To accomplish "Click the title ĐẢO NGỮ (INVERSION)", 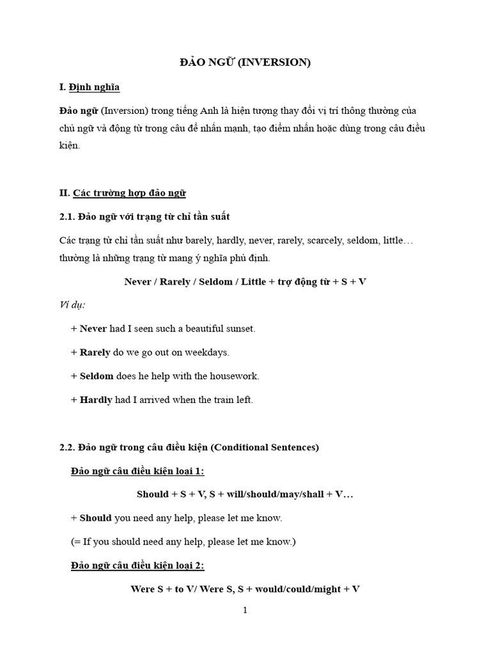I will tap(245, 63).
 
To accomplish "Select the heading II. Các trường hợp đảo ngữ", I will tap(122, 193).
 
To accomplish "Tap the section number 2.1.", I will tap(67, 217).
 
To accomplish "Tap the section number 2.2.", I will tap(67, 447).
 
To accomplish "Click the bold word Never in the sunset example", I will tap(93, 328).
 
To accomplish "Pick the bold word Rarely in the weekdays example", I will tap(95, 352).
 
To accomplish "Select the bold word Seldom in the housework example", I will tap(97, 375).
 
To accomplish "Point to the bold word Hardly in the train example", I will tap(96, 400).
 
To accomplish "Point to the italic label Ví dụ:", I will tap(72, 304).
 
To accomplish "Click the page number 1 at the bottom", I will tap(245, 610).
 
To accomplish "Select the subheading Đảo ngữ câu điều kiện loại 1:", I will tap(137, 471).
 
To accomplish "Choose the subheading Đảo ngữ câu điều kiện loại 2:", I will tap(137, 565).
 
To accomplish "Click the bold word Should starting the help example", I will tap(95, 517).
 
